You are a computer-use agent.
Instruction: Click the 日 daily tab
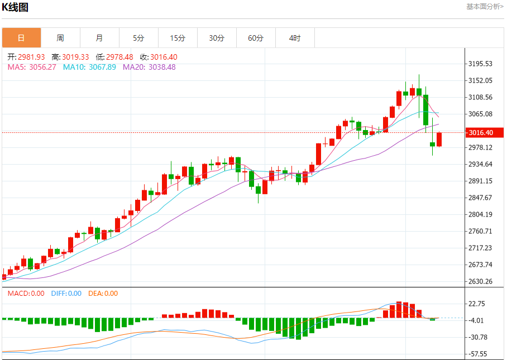[21, 38]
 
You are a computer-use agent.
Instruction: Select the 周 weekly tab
[60, 38]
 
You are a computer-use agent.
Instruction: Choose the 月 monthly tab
[99, 38]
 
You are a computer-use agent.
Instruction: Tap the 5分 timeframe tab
[138, 38]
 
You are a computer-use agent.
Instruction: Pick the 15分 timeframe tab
[178, 38]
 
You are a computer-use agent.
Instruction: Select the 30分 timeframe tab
[217, 38]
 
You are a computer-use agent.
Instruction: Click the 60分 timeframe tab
[256, 38]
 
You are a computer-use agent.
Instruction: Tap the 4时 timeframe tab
[295, 38]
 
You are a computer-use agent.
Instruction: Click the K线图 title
[15, 7]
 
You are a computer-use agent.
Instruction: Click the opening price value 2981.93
[31, 57]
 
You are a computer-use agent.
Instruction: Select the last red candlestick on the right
[439, 140]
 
